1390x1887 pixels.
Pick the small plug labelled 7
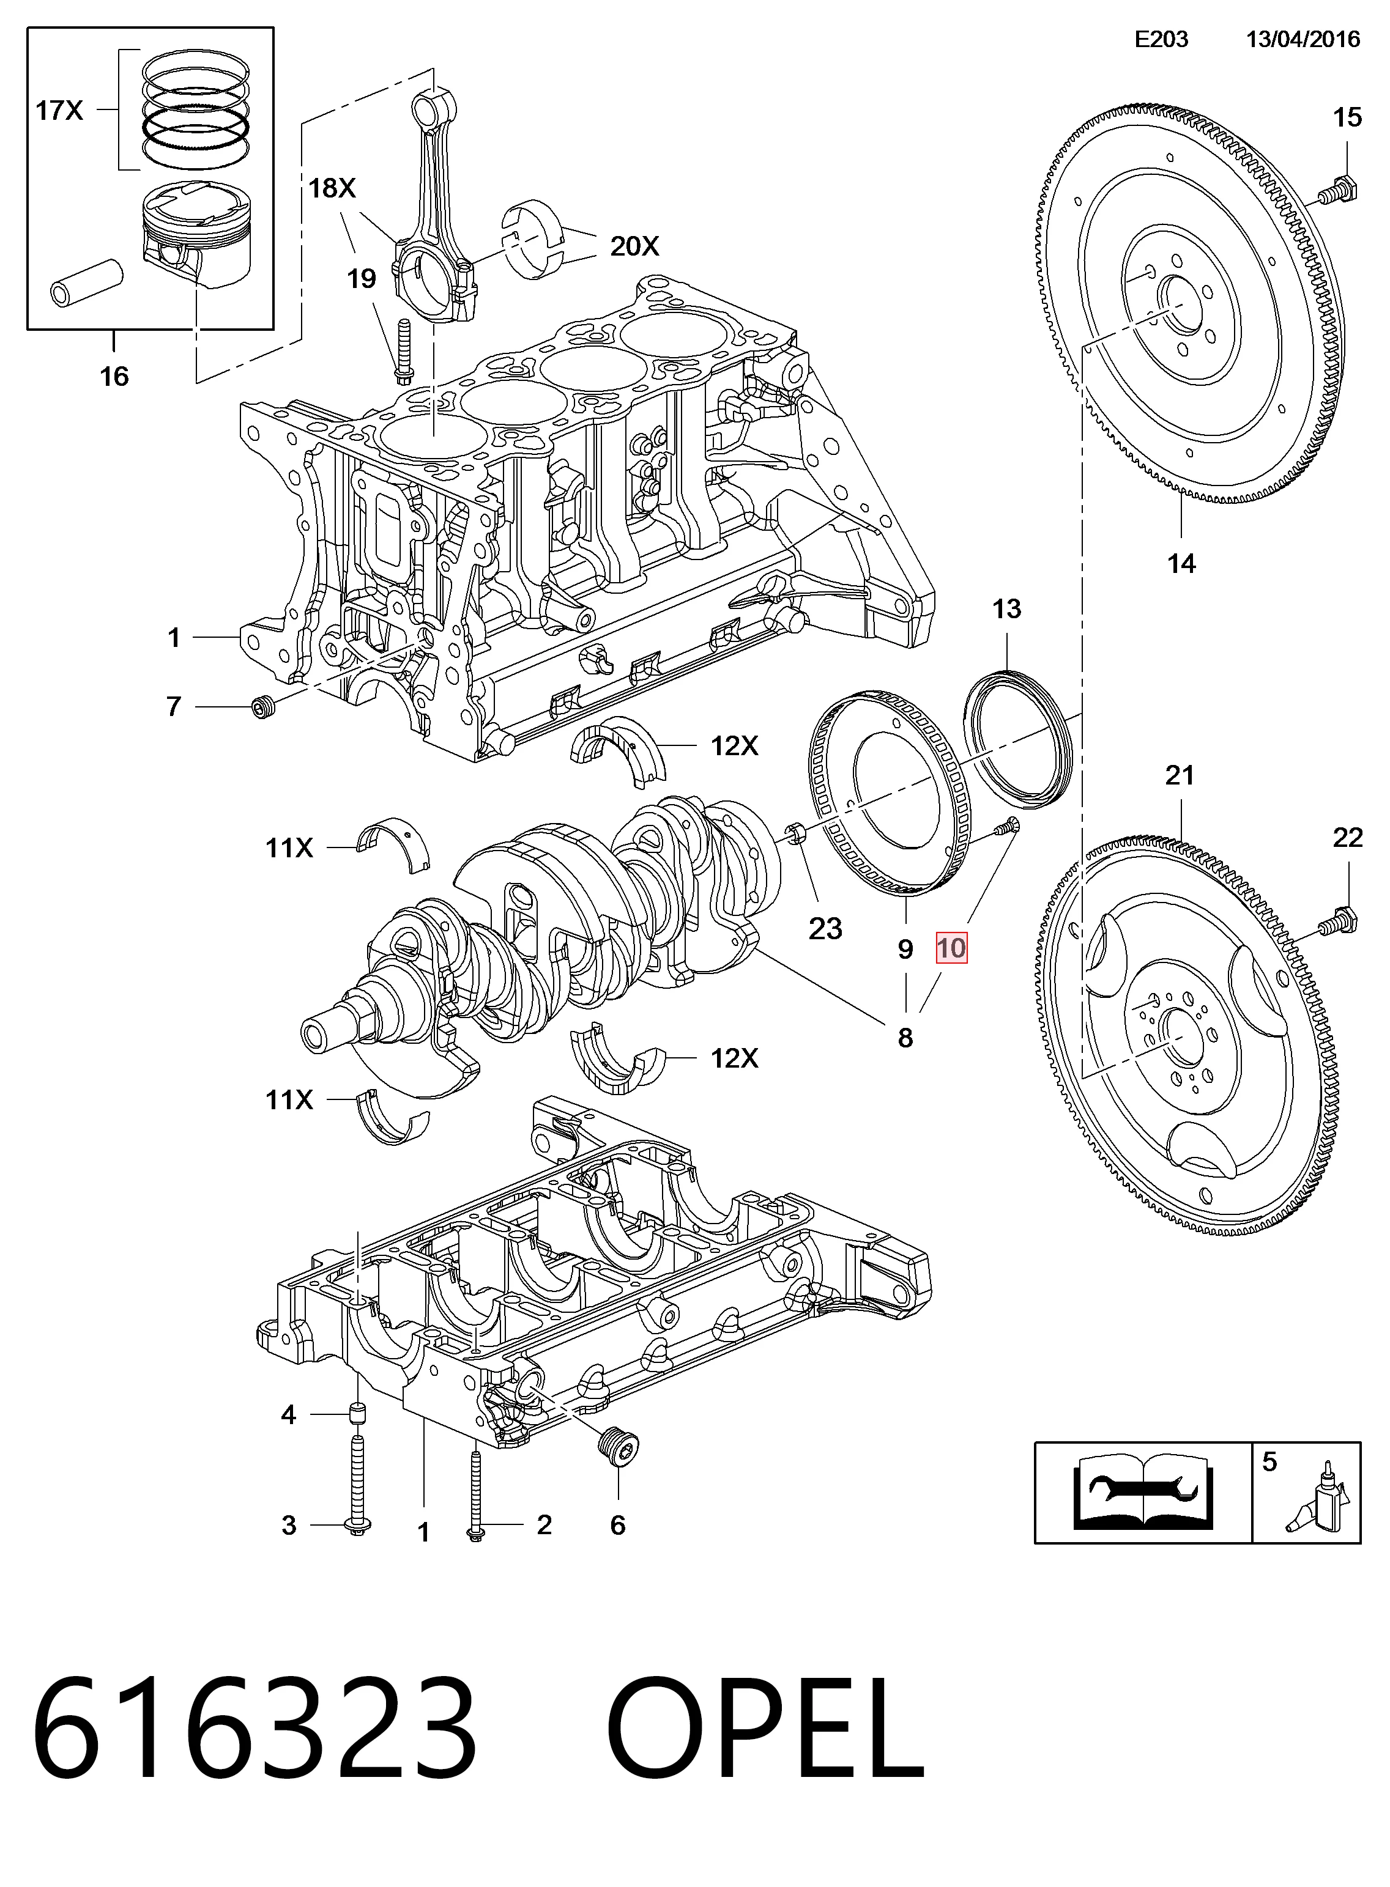tap(263, 707)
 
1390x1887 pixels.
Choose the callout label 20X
tap(634, 246)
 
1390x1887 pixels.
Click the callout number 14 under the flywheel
tap(1181, 563)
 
